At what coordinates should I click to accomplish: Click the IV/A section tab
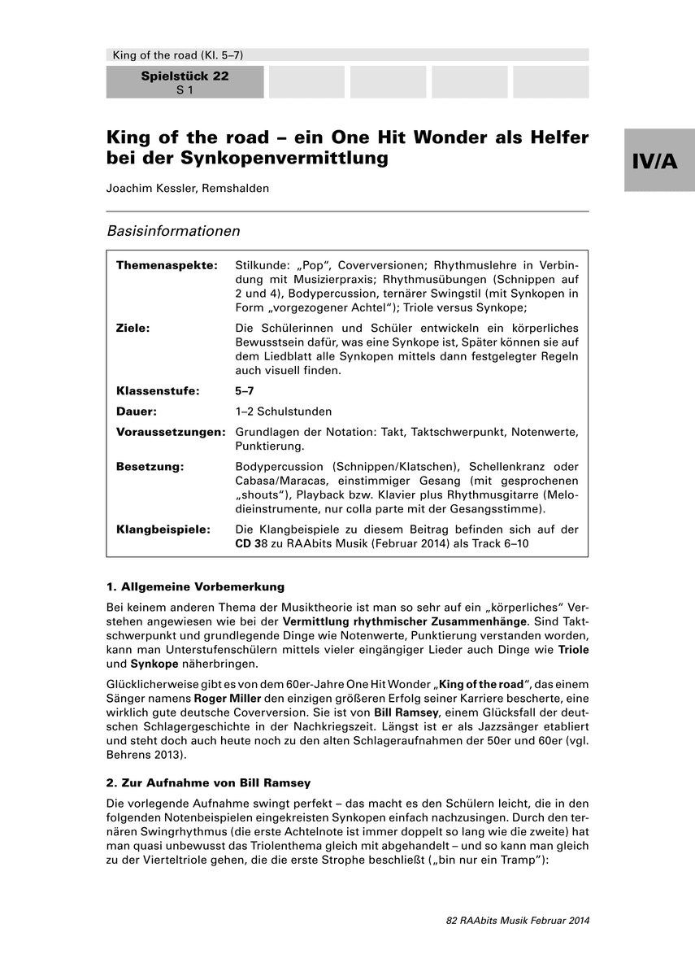pos(659,160)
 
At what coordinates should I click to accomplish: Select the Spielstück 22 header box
pos(185,82)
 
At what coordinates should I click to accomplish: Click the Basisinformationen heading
pos(173,231)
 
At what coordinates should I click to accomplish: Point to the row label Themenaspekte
pos(167,265)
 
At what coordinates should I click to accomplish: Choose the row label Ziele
pos(134,327)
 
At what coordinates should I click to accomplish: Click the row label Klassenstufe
pos(158,390)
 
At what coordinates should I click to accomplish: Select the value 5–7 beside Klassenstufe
pos(245,390)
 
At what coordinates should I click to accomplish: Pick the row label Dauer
pos(137,412)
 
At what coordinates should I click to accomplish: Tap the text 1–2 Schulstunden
pos(283,412)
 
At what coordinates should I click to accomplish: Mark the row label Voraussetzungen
pos(171,432)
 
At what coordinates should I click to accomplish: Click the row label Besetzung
pos(150,466)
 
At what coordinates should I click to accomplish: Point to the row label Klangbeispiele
pos(163,529)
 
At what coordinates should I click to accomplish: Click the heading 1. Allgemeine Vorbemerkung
pos(195,586)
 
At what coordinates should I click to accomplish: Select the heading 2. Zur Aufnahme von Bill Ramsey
pos(208,783)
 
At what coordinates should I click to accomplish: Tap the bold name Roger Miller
pos(225,697)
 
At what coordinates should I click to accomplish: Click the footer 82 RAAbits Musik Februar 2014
pos(517,921)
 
